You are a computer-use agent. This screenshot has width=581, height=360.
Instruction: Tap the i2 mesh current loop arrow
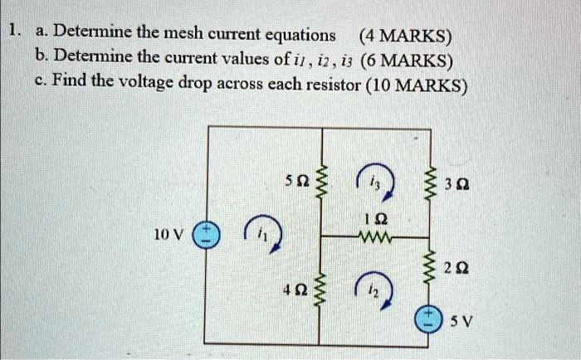point(374,289)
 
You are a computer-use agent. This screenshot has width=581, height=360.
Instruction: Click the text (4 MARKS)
point(405,36)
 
